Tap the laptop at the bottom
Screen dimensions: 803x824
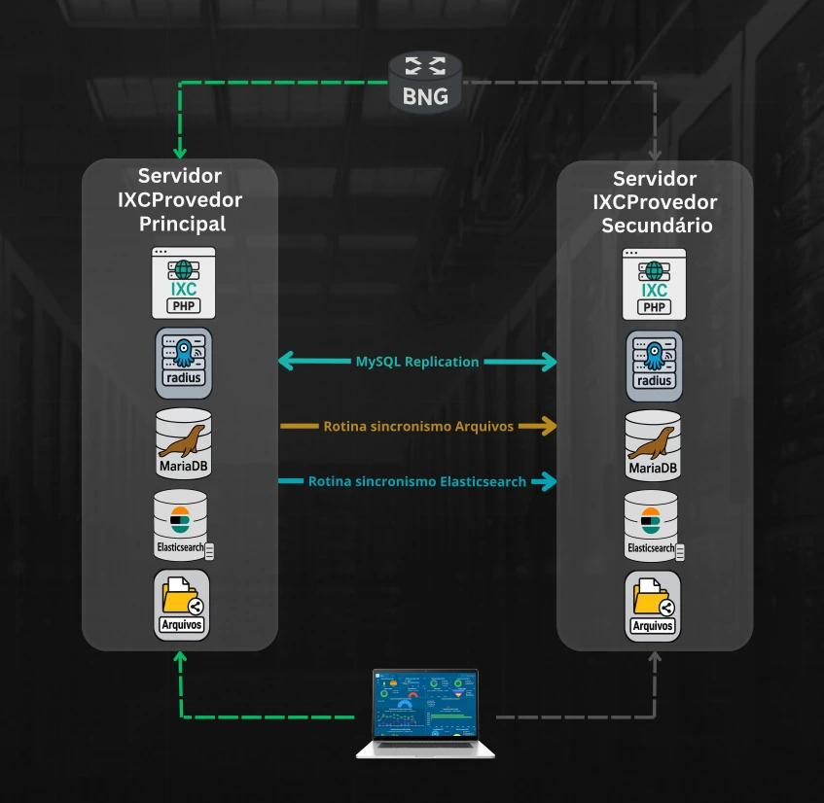(425, 714)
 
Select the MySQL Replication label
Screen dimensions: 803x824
(417, 362)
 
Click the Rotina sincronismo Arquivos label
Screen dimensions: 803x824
(418, 426)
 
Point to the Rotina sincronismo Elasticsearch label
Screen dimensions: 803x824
(417, 481)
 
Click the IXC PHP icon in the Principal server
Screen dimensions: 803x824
(182, 283)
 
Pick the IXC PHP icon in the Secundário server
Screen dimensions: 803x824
(655, 284)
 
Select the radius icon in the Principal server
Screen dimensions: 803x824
(182, 363)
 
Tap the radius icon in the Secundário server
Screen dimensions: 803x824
(655, 366)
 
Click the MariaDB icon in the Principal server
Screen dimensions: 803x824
(182, 444)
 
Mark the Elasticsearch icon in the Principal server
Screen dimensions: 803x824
(182, 525)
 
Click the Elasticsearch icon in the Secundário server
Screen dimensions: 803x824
(653, 526)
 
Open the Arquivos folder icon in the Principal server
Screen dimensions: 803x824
(182, 605)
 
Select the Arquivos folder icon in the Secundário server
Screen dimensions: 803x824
(654, 606)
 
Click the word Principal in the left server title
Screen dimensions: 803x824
(182, 224)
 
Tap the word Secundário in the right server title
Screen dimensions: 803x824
(656, 225)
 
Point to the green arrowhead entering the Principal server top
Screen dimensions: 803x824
(179, 152)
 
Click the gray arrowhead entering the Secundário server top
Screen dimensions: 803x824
(655, 153)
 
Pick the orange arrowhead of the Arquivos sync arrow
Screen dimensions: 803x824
(550, 426)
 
